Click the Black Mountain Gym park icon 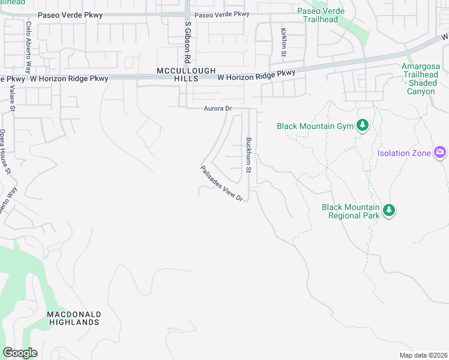(x=362, y=125)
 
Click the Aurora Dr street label (x=217, y=109)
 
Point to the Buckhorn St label (x=249, y=154)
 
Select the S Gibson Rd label (x=188, y=43)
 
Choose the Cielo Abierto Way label (x=28, y=40)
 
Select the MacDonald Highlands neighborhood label (x=74, y=318)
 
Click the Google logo (x=20, y=353)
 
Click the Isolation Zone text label (x=404, y=153)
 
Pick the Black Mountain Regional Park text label (x=351, y=211)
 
